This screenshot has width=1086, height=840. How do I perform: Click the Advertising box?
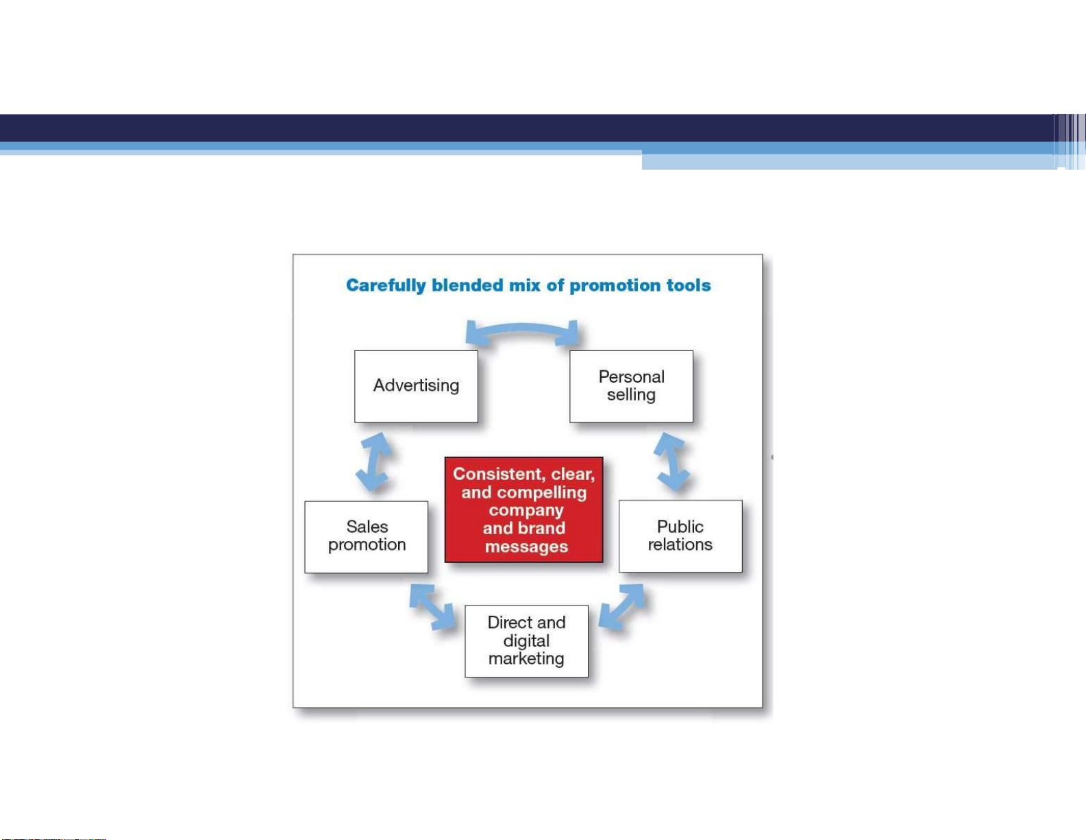[416, 386]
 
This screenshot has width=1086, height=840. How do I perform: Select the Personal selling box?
[631, 386]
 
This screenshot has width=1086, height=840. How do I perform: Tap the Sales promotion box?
[367, 536]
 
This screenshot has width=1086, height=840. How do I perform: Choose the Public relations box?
[680, 536]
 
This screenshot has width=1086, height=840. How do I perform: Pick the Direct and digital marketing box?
[526, 641]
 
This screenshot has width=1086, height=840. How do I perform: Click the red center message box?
[523, 509]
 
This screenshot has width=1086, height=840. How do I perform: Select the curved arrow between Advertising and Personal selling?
[522, 328]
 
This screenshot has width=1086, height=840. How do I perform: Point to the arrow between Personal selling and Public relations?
[671, 461]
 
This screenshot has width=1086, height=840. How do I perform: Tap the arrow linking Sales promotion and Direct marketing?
[432, 606]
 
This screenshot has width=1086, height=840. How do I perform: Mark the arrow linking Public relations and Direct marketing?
[621, 606]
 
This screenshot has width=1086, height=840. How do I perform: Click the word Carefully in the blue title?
[386, 285]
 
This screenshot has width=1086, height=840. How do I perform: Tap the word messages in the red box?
[526, 547]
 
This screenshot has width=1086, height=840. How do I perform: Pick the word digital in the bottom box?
[526, 641]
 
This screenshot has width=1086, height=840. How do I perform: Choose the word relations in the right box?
[680, 544]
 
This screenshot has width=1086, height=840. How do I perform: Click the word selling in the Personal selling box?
[631, 395]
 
